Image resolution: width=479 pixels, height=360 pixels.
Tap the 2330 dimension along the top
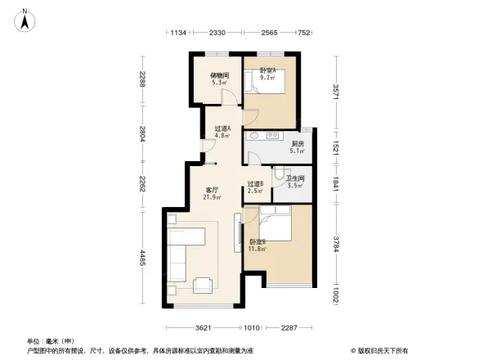click(x=217, y=33)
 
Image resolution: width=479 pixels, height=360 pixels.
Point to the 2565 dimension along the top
click(x=271, y=33)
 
